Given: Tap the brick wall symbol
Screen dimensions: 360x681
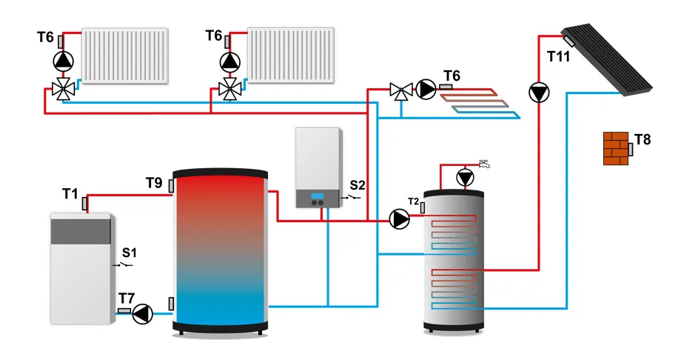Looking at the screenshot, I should (x=615, y=149).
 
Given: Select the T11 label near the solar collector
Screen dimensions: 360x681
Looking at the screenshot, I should (x=560, y=56).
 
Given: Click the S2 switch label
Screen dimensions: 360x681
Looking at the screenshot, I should (x=358, y=184).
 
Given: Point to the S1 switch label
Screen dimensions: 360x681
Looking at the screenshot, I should (x=130, y=253).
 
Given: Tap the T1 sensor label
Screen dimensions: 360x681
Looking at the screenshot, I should (x=70, y=193).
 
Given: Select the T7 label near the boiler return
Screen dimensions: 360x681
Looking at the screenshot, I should (x=126, y=298).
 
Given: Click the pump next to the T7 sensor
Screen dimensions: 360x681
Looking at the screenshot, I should (x=142, y=314).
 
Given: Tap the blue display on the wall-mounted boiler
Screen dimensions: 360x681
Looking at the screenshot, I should (x=318, y=197).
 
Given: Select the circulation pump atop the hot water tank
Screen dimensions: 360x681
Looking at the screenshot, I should (x=465, y=178).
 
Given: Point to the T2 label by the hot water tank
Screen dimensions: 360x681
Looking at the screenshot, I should (x=414, y=201).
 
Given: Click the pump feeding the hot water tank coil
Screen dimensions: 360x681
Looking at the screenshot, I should (x=400, y=219).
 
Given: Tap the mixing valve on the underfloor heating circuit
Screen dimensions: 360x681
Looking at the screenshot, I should (x=400, y=90).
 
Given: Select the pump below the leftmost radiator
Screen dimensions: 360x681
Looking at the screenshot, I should (x=64, y=60).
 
